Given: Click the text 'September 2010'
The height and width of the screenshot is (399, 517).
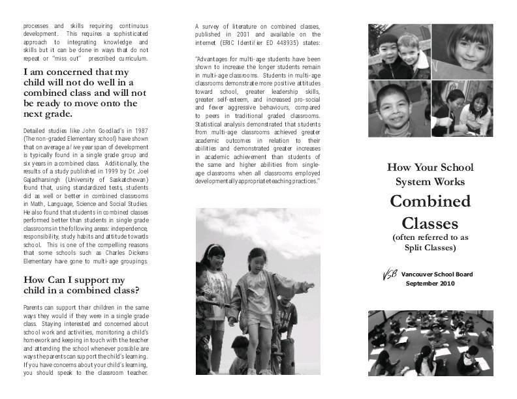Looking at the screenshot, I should [x=430, y=284].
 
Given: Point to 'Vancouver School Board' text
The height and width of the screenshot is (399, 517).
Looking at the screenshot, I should [x=437, y=274].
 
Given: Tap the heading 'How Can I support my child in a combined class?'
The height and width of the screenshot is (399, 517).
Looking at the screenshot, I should [x=84, y=286].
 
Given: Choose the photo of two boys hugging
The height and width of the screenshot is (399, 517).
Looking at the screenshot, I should [x=398, y=50].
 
